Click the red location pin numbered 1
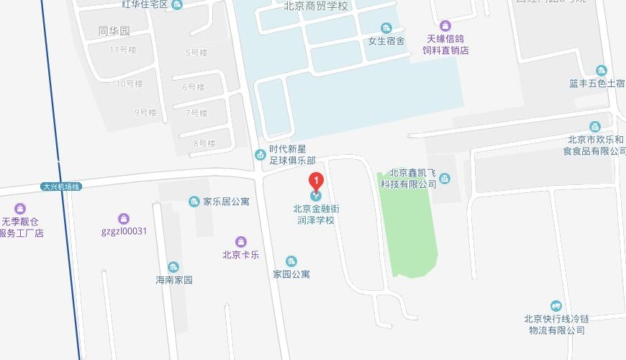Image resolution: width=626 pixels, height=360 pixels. (x=315, y=181)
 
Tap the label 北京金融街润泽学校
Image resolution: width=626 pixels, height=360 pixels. (x=316, y=215)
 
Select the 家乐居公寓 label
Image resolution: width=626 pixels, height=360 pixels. (x=226, y=202)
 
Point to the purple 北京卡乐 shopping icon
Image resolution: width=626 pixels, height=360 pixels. (x=241, y=242)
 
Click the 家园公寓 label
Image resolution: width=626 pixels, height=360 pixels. (x=291, y=274)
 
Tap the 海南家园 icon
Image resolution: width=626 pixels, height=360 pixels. (x=173, y=268)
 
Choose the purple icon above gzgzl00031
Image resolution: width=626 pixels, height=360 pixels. (x=124, y=219)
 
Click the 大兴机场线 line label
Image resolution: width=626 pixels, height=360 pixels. (x=61, y=187)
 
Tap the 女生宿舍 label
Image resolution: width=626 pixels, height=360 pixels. (x=386, y=41)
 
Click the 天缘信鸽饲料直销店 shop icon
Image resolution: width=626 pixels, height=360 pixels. (x=445, y=27)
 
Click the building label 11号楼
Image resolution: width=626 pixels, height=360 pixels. (x=122, y=50)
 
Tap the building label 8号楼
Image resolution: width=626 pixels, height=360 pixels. (x=204, y=143)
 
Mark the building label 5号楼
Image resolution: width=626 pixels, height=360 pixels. (x=196, y=53)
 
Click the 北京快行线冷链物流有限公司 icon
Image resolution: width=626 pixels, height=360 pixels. (x=555, y=307)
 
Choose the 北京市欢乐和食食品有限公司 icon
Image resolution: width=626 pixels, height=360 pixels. (x=594, y=127)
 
